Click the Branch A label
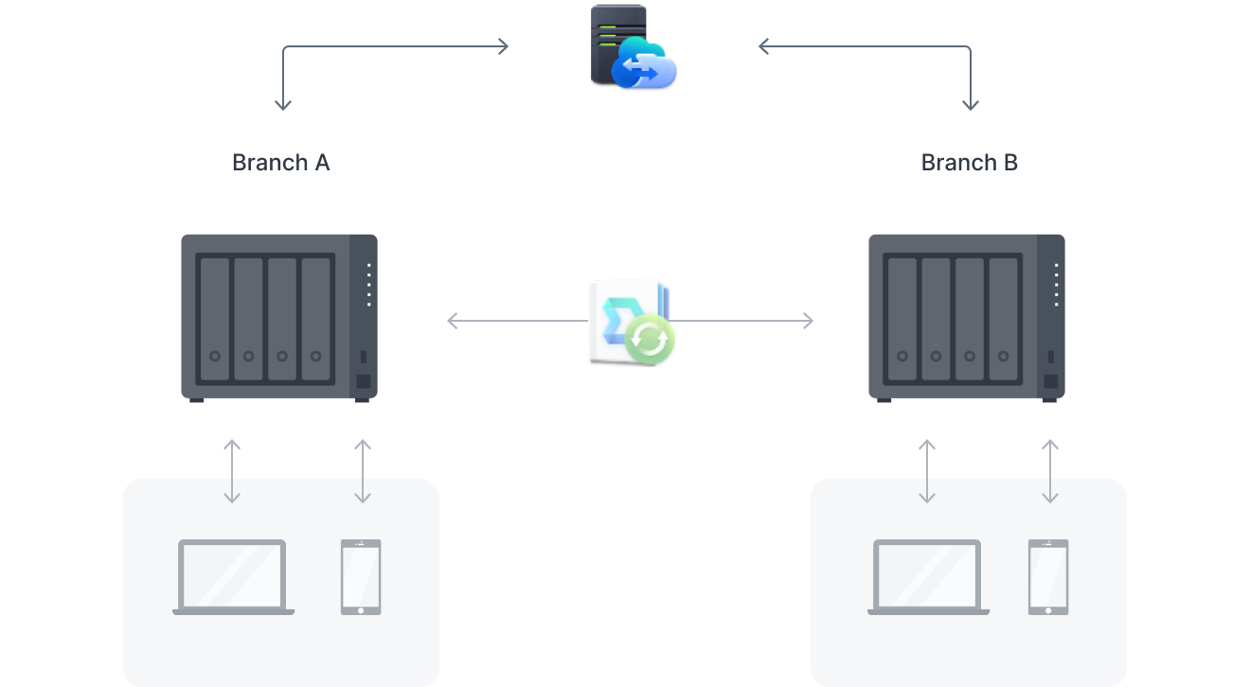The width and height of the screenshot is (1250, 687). click(280, 163)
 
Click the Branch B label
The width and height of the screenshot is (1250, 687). click(969, 163)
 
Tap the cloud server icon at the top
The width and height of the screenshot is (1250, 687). click(633, 47)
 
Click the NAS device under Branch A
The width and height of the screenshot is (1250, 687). click(279, 318)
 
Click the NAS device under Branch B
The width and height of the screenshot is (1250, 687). click(967, 318)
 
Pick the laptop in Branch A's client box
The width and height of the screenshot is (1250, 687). click(233, 577)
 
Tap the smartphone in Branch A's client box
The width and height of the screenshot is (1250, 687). click(361, 577)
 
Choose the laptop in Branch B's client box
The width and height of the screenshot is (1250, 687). click(928, 577)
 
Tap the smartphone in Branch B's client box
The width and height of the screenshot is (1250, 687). click(1048, 577)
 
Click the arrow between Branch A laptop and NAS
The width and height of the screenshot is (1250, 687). click(232, 470)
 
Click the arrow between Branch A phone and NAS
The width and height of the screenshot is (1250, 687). click(362, 470)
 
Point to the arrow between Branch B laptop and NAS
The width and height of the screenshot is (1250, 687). click(927, 470)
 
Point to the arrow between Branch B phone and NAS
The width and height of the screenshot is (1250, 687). click(1049, 470)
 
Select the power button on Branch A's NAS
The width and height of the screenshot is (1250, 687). click(363, 382)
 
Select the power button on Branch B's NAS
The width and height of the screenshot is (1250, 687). click(1050, 382)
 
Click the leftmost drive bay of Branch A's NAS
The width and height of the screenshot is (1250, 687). click(215, 318)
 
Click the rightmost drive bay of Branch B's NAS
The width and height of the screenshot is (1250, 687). click(1003, 318)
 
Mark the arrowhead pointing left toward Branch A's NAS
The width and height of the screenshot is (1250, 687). click(453, 322)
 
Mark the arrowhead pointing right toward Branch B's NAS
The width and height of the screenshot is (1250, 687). click(808, 322)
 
